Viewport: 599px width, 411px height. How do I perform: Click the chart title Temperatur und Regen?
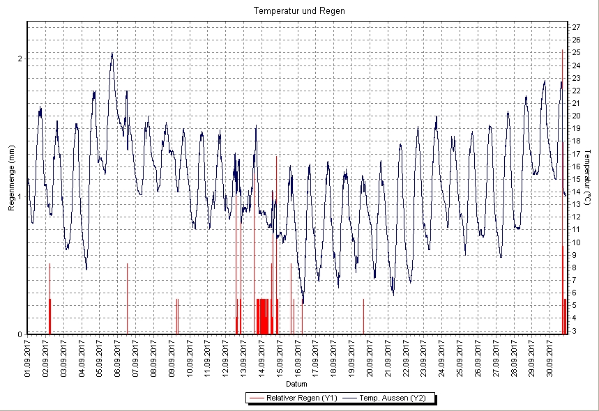tap(299, 11)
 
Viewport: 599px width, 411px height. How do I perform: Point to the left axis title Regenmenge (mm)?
tap(11, 178)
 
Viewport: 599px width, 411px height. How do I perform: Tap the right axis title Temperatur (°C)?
tap(588, 178)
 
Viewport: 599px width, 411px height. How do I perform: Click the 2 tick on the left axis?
tap(20, 59)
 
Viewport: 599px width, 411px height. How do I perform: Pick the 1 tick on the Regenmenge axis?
tap(20, 196)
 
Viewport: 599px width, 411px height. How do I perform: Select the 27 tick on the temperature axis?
tap(577, 27)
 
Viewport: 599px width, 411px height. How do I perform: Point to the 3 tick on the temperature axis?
tap(575, 331)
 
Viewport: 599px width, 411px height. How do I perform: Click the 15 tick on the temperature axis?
tap(577, 179)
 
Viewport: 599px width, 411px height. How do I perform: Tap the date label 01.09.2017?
tap(28, 357)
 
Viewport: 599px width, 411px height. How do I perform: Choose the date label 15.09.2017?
tap(280, 357)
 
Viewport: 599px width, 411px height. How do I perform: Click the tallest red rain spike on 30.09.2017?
tap(562, 139)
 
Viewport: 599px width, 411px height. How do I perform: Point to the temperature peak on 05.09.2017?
tap(112, 54)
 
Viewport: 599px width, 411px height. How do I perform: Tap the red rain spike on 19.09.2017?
tap(363, 317)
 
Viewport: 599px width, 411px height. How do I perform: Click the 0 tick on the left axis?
tap(20, 334)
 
